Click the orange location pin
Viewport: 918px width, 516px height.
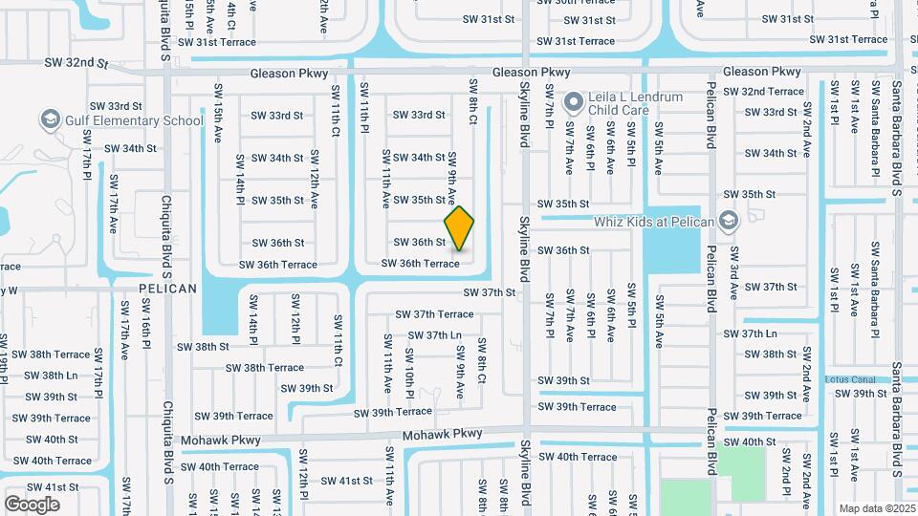click(x=459, y=228)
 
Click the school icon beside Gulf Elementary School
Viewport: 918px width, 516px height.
click(x=50, y=120)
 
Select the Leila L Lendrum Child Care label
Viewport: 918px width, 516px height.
click(x=636, y=103)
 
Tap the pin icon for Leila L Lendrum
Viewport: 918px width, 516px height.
click(x=573, y=101)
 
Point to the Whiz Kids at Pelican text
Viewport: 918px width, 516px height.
click(x=654, y=222)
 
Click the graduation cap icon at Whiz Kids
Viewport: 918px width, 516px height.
click(x=729, y=222)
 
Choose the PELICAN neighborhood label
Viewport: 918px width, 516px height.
click(x=167, y=288)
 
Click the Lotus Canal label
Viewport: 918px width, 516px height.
click(x=850, y=379)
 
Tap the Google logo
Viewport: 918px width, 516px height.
click(x=33, y=504)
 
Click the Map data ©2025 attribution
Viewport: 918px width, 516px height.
click(x=877, y=508)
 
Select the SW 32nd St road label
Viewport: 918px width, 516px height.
click(x=76, y=63)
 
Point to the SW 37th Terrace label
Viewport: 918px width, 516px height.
click(x=435, y=313)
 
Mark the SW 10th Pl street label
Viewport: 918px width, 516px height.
click(x=409, y=367)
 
